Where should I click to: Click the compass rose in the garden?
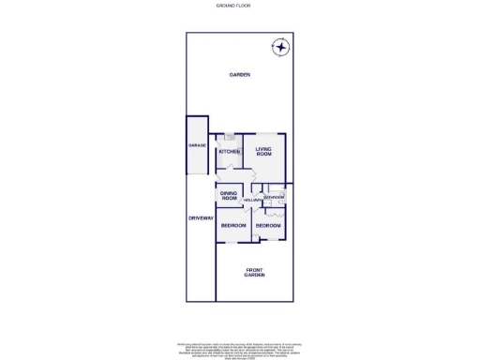(280, 46)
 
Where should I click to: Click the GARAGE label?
(197, 145)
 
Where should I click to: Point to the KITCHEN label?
(228, 152)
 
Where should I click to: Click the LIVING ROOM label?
(263, 151)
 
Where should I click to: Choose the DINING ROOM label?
(230, 196)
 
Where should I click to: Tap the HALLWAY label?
(252, 201)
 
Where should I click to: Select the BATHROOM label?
(273, 198)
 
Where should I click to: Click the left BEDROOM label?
(232, 226)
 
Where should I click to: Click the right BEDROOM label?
(268, 226)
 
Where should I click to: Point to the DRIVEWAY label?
(201, 217)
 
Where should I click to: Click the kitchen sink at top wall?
(229, 137)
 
